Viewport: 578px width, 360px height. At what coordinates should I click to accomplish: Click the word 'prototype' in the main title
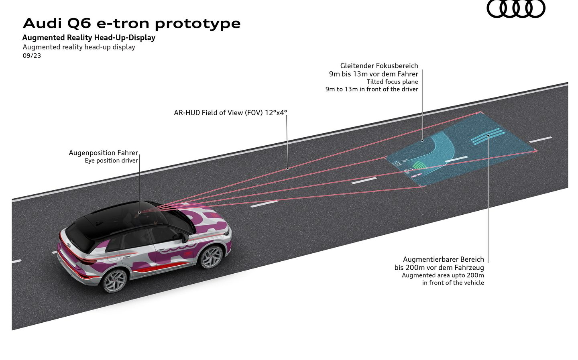tap(197, 24)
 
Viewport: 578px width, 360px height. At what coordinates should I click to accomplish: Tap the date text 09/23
tap(32, 56)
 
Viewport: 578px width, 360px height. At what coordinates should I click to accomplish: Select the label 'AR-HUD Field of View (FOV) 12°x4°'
tap(230, 113)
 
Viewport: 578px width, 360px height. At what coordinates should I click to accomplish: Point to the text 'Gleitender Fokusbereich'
tap(379, 66)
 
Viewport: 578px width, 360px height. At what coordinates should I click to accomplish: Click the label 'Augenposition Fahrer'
tap(104, 153)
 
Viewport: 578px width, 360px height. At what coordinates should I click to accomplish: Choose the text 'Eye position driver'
tap(112, 161)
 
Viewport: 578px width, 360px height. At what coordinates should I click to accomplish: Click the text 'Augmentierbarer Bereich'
tap(444, 259)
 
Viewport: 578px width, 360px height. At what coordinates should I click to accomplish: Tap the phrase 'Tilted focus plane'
tap(393, 82)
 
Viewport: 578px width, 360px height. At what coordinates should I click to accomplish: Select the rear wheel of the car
tap(115, 281)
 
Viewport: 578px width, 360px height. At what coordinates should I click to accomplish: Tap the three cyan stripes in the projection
tap(488, 136)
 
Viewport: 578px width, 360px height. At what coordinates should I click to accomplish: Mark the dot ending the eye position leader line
tap(140, 213)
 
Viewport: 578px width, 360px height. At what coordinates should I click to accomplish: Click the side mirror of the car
tap(185, 238)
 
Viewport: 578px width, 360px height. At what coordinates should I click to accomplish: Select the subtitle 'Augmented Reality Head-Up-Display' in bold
tap(89, 38)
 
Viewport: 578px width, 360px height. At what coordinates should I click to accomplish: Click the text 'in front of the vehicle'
tap(453, 283)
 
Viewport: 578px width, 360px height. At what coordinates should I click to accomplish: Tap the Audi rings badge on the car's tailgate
tap(69, 245)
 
